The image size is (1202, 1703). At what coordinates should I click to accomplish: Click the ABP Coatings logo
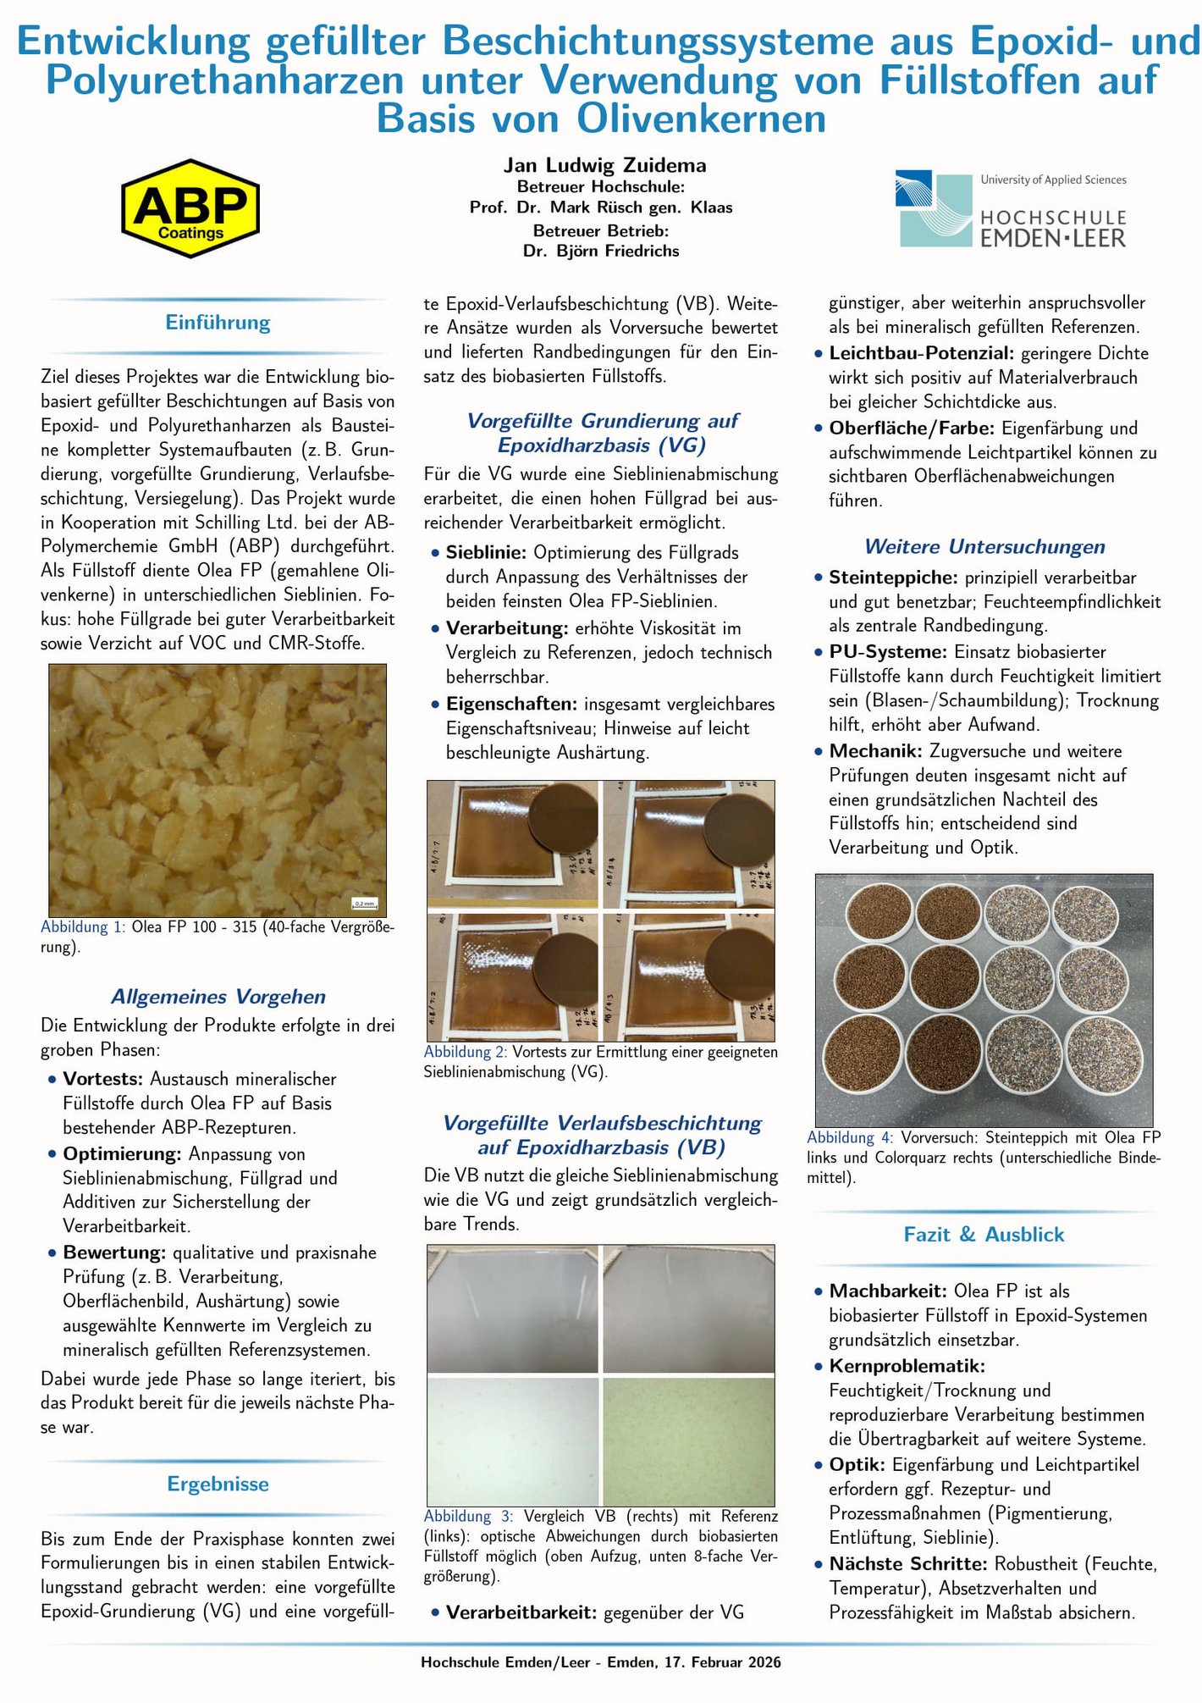point(190,208)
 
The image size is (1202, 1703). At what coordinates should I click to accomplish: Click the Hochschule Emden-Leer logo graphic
point(934,208)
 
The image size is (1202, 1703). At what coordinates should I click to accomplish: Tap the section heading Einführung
point(218,323)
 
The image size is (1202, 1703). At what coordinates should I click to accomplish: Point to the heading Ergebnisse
point(218,1484)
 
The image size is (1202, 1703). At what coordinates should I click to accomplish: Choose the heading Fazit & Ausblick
point(984,1234)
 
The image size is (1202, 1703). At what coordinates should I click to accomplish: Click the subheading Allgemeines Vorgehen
point(218,997)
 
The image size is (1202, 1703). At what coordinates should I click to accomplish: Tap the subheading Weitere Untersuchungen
point(984,547)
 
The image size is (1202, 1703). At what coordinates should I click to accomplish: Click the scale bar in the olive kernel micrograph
point(364,904)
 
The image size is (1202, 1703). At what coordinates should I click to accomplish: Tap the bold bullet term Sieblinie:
point(486,553)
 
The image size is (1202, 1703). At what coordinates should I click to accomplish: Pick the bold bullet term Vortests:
point(103,1079)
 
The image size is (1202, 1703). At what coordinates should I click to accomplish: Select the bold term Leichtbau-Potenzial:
point(921,353)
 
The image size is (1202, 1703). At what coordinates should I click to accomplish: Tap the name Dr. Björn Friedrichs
point(601,251)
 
